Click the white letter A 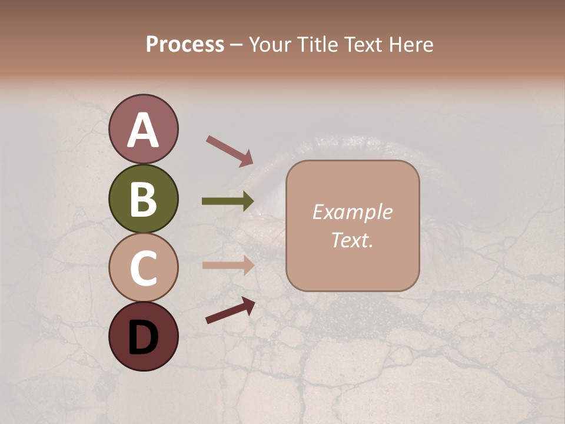pyautogui.click(x=144, y=130)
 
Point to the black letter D pyautogui.click(x=143, y=337)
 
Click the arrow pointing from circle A pyautogui.click(x=230, y=150)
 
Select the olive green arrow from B pyautogui.click(x=227, y=201)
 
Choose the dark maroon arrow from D pyautogui.click(x=230, y=310)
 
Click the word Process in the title pyautogui.click(x=185, y=44)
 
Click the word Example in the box pyautogui.click(x=352, y=212)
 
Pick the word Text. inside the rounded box pyautogui.click(x=352, y=240)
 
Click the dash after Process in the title pyautogui.click(x=237, y=45)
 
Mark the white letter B pyautogui.click(x=143, y=199)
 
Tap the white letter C pyautogui.click(x=143, y=268)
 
